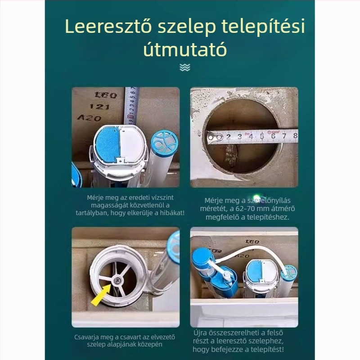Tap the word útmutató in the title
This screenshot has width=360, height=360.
(x=184, y=49)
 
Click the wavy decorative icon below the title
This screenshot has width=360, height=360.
(x=184, y=67)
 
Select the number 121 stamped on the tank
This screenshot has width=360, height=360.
(x=99, y=107)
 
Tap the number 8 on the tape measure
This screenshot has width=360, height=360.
(x=295, y=135)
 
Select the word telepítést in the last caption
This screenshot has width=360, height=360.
(x=265, y=349)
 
